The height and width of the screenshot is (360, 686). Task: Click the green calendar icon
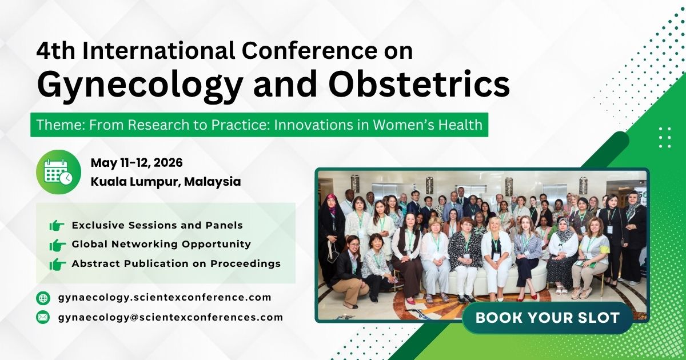pos(58,172)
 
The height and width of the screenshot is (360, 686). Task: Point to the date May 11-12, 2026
pos(137,163)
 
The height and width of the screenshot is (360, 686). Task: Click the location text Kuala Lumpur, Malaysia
pos(165,182)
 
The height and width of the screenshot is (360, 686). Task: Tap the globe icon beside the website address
pos(43,298)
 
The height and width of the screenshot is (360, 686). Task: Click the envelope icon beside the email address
pos(43,317)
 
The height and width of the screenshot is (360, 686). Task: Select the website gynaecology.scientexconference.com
pos(165,297)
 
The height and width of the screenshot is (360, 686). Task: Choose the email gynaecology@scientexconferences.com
pos(170,317)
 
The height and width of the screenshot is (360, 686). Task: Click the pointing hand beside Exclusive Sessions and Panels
pos(57,226)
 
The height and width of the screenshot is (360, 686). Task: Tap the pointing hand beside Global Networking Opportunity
pos(57,245)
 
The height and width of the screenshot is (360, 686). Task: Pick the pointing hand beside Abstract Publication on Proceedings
pos(57,265)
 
